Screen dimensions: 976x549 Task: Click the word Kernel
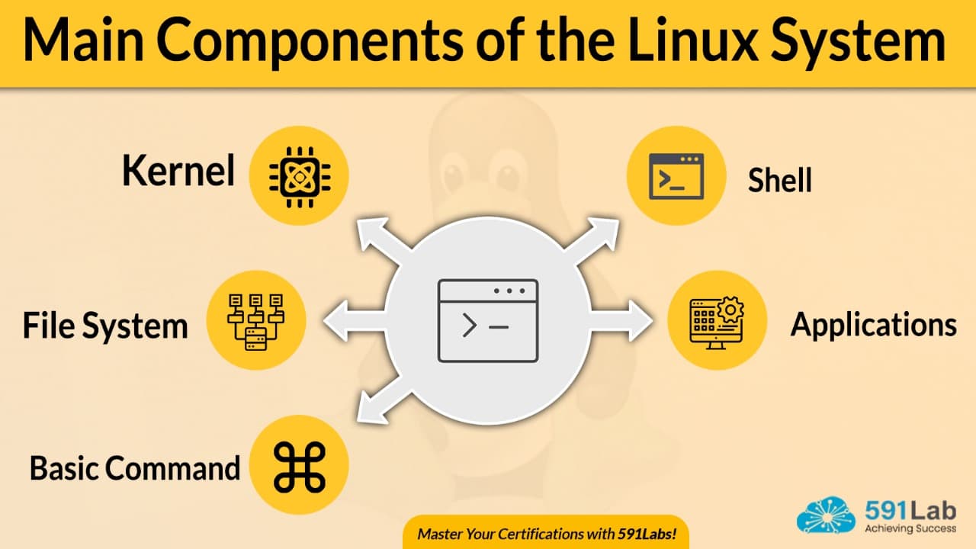point(178,171)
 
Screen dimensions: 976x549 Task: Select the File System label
point(105,326)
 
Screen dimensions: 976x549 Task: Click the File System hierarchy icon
point(255,321)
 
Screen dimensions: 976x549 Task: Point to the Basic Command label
point(135,467)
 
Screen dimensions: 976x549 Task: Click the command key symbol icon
point(299,466)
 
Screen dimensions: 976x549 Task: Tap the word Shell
point(779,181)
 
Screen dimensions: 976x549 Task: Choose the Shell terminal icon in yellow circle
point(676,176)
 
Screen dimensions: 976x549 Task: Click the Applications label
point(873,325)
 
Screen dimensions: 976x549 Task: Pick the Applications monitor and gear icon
point(717,321)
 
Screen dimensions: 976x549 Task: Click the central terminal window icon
point(488,320)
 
